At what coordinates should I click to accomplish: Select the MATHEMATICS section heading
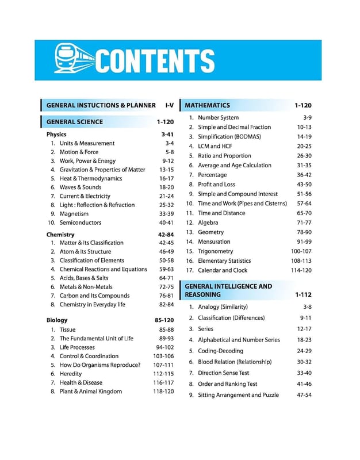point(207,105)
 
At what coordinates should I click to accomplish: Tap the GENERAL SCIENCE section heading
point(74,122)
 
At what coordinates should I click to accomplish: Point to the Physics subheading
point(56,135)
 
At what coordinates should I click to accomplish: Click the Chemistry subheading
point(60,235)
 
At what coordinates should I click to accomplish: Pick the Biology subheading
point(57,320)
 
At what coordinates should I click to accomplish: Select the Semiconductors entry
point(80,223)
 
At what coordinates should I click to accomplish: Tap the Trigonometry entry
point(215,251)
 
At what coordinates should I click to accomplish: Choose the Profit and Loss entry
point(216,185)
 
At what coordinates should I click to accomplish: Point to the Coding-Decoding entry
point(220,351)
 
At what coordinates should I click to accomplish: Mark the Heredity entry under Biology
point(72,374)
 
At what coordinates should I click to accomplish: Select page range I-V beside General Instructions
point(169,105)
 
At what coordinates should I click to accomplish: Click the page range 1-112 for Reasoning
point(302,294)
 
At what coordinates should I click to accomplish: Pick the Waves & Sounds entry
point(80,187)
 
